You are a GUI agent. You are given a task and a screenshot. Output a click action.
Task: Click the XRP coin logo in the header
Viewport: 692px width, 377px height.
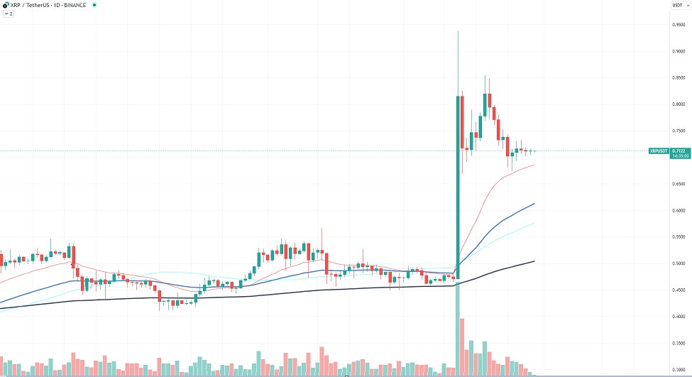5,5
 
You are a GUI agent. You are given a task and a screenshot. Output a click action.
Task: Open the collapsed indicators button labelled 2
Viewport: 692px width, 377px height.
9,13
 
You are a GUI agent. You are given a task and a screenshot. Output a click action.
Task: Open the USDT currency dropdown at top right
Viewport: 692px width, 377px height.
678,6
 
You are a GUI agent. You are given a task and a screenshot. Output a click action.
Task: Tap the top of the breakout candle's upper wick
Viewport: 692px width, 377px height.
458,31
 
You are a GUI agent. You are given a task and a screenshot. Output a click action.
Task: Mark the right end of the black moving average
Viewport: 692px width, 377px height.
534,261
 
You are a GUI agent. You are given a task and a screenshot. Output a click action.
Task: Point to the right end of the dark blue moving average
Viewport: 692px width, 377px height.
534,204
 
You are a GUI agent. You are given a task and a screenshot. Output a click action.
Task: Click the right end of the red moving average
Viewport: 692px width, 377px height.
534,165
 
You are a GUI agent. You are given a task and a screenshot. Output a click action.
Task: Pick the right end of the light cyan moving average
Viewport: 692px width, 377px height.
534,223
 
